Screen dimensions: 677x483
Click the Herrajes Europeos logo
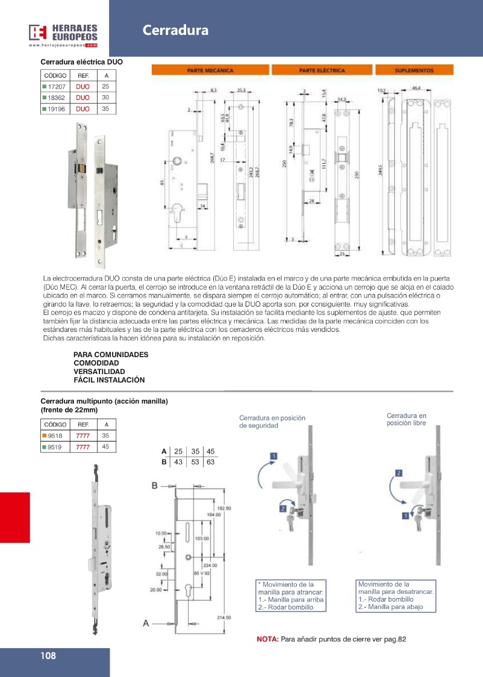pos(63,34)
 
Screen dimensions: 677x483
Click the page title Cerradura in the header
pos(175,31)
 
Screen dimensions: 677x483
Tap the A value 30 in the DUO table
pos(106,98)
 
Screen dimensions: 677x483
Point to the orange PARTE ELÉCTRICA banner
pos(322,70)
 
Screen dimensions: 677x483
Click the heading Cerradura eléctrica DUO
pos(82,61)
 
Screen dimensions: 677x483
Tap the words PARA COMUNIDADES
pos(110,355)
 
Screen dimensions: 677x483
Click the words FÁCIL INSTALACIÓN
pos(109,380)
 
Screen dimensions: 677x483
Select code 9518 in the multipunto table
pos(55,435)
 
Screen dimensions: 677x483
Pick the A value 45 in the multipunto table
pos(106,447)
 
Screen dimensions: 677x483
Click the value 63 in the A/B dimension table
pos(210,462)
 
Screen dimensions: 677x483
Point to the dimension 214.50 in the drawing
pos(224,617)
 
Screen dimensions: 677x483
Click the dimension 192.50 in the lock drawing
pos(224,508)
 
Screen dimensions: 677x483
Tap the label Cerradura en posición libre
pos(406,419)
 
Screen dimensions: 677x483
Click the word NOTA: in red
pos(267,639)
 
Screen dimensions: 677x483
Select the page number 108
pos(49,656)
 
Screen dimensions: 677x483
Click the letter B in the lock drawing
pos(154,485)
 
